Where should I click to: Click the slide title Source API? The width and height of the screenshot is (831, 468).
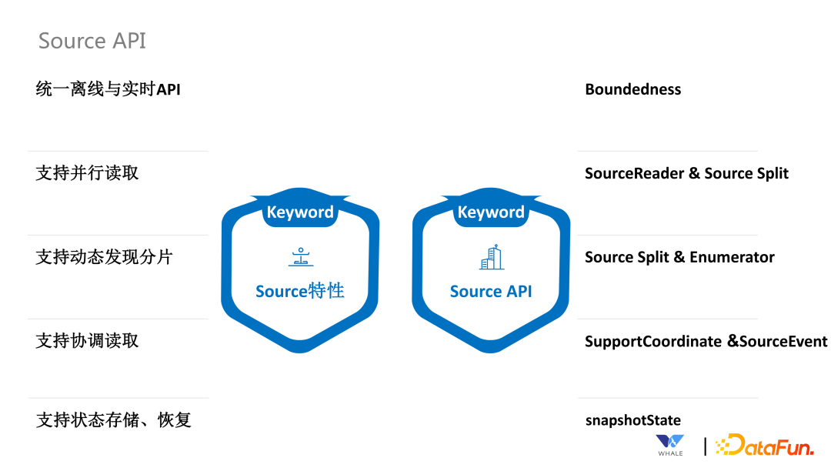point(92,41)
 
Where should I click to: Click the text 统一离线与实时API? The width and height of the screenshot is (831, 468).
point(108,89)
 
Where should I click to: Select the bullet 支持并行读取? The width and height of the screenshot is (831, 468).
point(87,173)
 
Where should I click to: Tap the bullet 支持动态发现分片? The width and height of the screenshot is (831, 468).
point(104,257)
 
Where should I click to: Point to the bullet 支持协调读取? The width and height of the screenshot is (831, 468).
point(87,341)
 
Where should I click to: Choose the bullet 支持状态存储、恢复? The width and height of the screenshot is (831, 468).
point(113,420)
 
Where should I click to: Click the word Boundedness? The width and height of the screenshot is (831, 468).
point(632,89)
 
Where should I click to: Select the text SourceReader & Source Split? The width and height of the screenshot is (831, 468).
point(686,173)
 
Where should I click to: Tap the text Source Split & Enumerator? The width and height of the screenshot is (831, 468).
point(679,257)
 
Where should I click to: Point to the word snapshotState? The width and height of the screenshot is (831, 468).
point(632,420)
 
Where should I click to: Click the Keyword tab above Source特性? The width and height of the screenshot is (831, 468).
point(300,212)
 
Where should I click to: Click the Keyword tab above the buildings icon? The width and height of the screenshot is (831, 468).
point(491,212)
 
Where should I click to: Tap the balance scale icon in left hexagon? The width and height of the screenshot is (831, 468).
point(301,258)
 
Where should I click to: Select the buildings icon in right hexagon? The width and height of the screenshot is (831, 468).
point(491,258)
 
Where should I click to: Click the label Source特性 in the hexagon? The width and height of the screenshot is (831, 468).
point(300,291)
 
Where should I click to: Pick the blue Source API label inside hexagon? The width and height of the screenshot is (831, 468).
point(491,291)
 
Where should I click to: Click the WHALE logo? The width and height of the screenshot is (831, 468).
point(670,445)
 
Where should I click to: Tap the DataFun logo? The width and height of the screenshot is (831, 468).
point(765,445)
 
